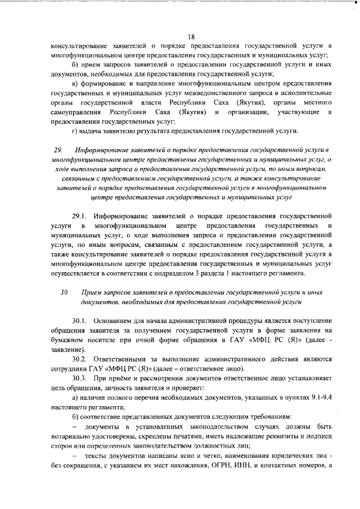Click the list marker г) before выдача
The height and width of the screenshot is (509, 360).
[x=75, y=132]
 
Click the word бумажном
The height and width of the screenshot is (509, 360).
[x=70, y=340]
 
